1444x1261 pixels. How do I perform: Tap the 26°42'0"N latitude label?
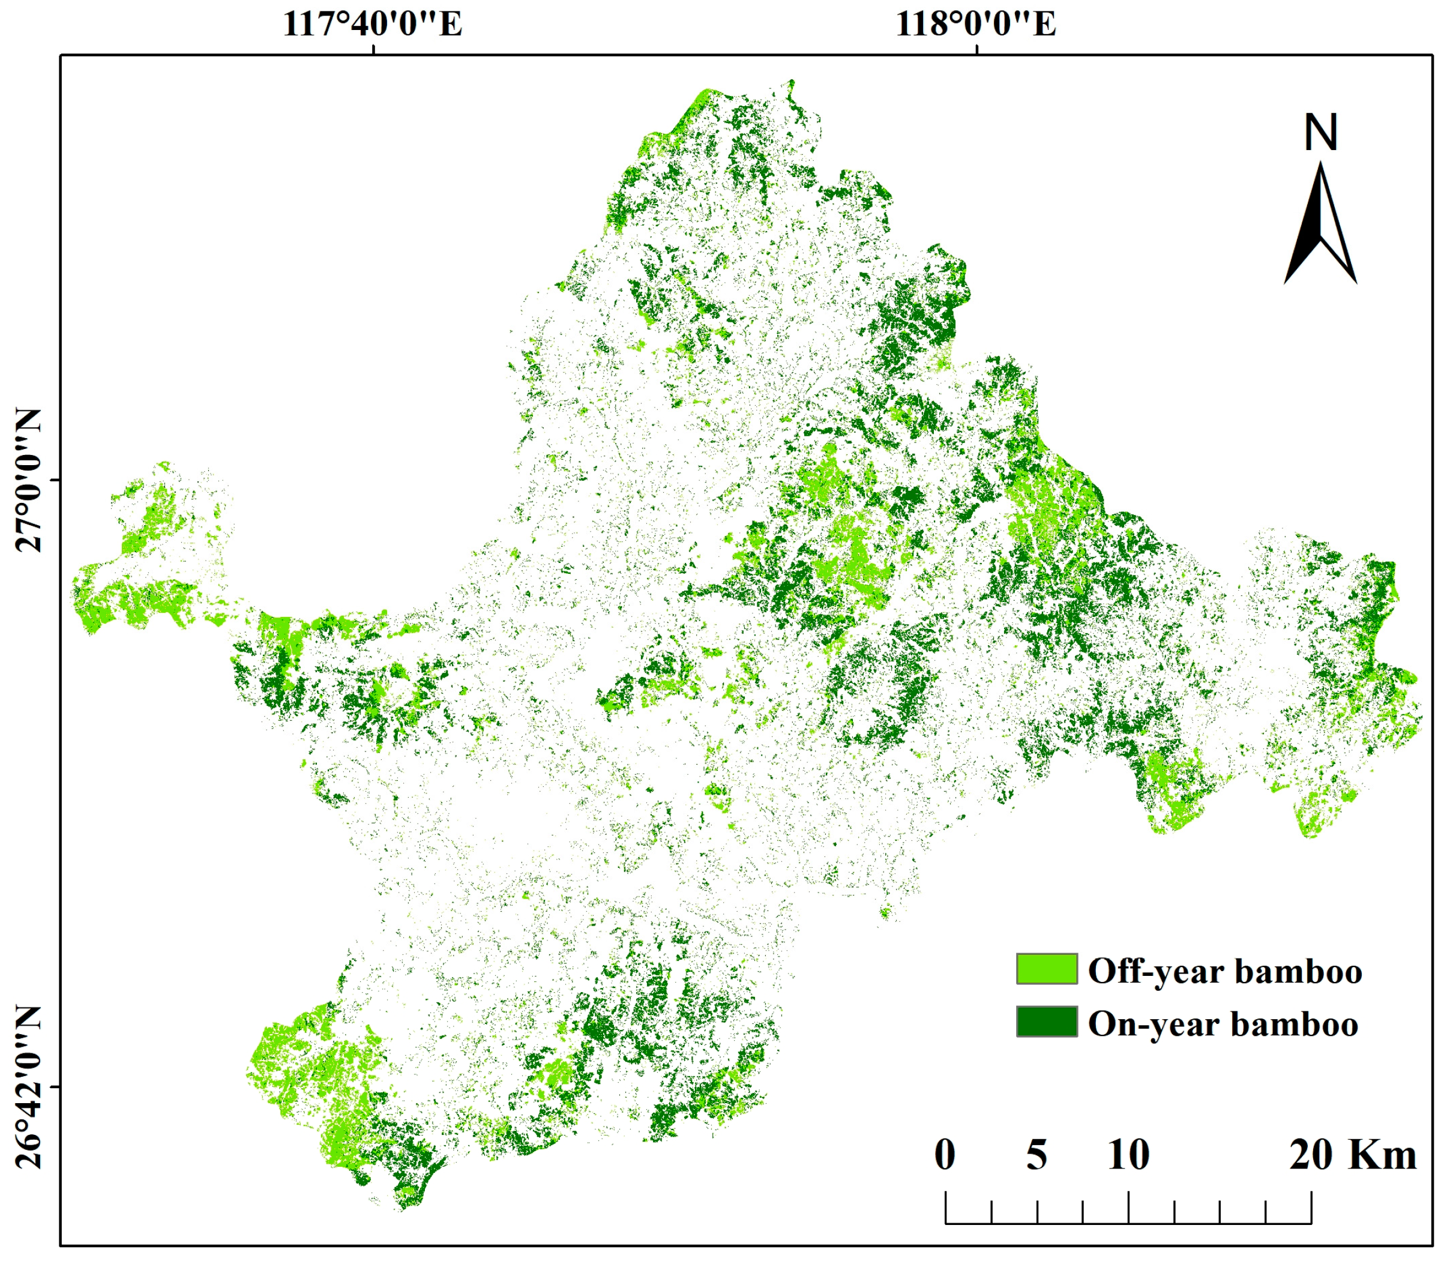tap(28, 1087)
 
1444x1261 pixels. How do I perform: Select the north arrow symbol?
tap(1321, 224)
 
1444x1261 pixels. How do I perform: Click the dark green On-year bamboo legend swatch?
tap(1047, 1022)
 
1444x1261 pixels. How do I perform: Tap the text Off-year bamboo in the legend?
tap(1224, 972)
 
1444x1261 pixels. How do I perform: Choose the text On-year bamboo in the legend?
tap(1223, 1025)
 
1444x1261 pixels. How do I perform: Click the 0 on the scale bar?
tap(945, 1155)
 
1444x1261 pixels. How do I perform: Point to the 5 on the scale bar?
tap(1036, 1155)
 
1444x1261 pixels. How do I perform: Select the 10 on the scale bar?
tap(1129, 1155)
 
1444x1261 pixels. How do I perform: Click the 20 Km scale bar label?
tap(1353, 1155)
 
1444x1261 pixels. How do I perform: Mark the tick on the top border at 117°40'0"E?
tap(373, 49)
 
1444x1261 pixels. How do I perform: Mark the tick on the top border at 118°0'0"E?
tap(976, 49)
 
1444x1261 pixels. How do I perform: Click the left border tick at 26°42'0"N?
tap(56, 1087)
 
